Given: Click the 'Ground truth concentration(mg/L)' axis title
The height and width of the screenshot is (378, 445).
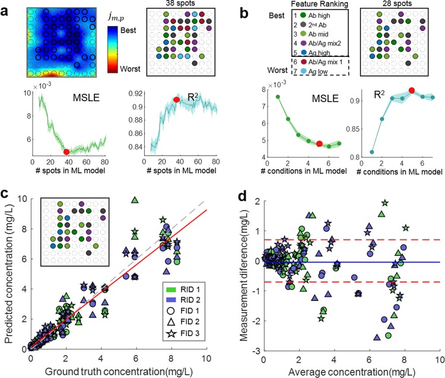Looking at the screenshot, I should pyautogui.click(x=118, y=371).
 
